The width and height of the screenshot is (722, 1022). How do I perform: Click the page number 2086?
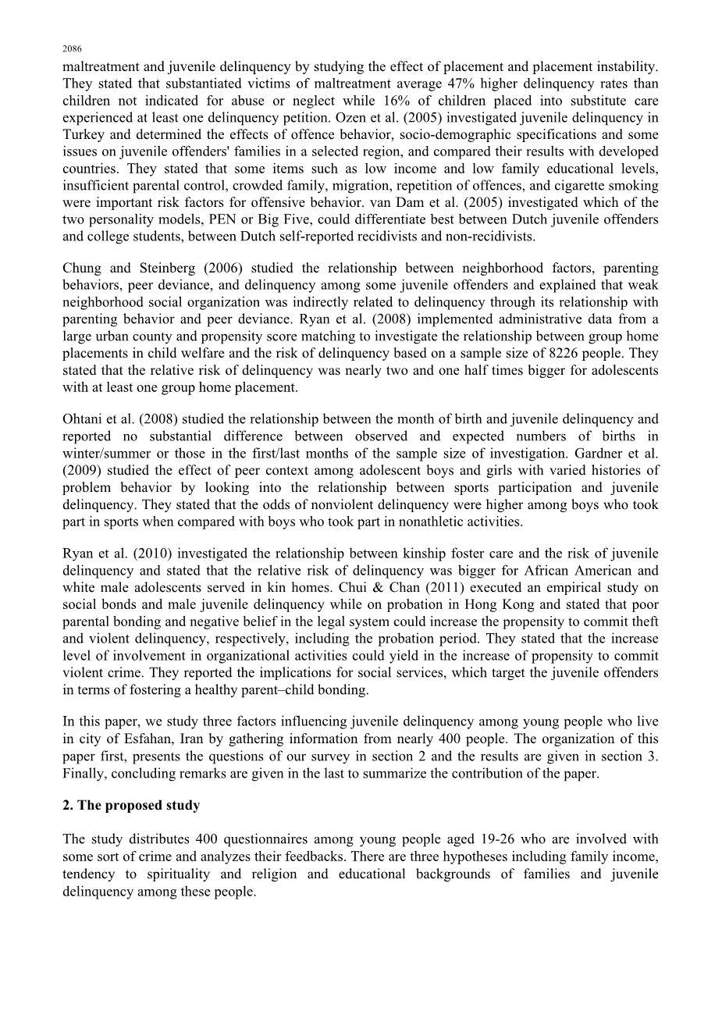[x=72, y=48]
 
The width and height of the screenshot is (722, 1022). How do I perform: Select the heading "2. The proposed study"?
[x=131, y=806]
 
